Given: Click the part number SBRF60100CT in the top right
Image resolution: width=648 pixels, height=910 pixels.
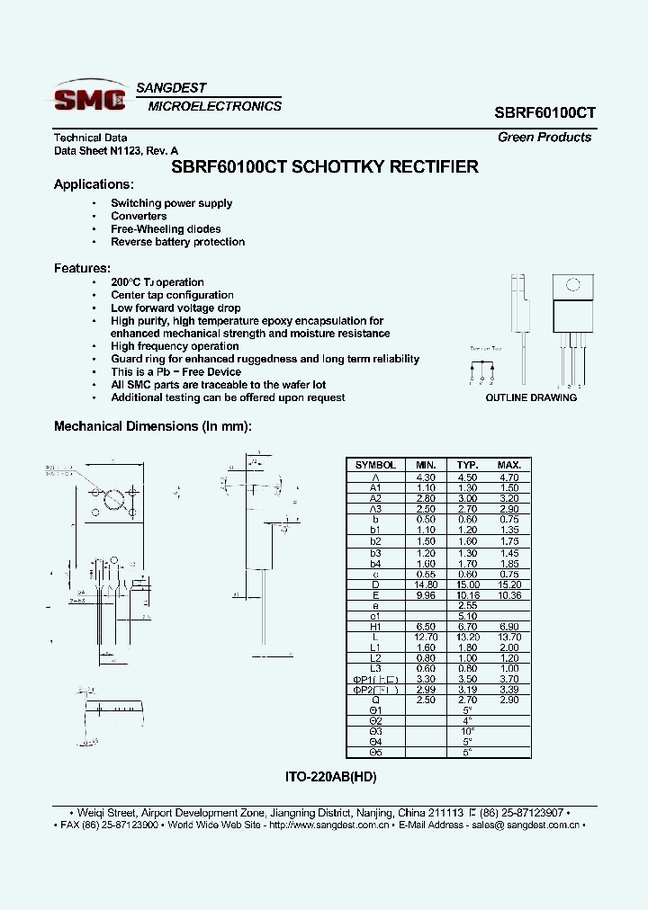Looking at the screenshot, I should pyautogui.click(x=544, y=113).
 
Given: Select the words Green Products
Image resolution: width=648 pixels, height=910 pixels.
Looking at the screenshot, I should pyautogui.click(x=544, y=138).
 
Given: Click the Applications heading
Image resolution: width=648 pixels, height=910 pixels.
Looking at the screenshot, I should pyautogui.click(x=94, y=184).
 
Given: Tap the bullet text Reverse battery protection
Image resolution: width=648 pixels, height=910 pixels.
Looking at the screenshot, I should pyautogui.click(x=177, y=242).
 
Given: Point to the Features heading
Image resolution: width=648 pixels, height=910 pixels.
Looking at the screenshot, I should pyautogui.click(x=82, y=268).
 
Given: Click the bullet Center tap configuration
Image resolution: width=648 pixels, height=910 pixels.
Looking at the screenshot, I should pyautogui.click(x=172, y=295).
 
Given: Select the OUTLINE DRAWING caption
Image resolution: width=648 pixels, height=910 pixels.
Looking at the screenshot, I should pyautogui.click(x=531, y=397).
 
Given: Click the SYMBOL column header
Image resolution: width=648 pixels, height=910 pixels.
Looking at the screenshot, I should pyautogui.click(x=375, y=465).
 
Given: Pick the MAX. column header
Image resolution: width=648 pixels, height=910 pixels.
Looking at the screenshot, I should pyautogui.click(x=509, y=465).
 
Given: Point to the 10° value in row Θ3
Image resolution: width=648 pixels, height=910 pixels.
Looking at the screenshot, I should pyautogui.click(x=468, y=730).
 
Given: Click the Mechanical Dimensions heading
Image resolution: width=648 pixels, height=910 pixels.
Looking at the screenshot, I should pyautogui.click(x=153, y=426).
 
